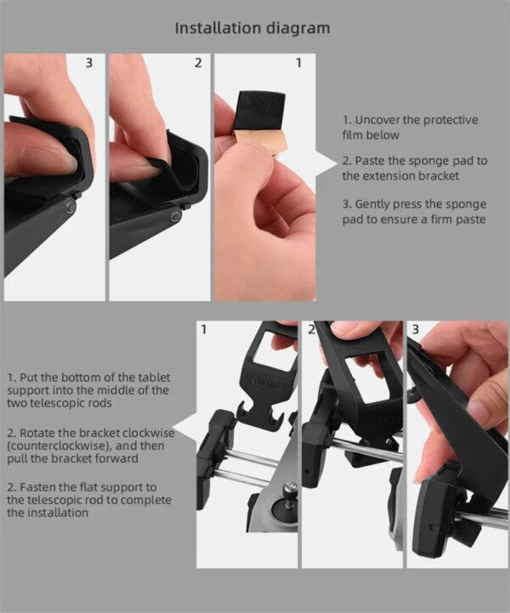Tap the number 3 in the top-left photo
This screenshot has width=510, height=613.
(x=90, y=63)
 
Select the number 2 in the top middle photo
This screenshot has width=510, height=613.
(x=197, y=63)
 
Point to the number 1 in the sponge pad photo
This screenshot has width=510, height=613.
(x=298, y=63)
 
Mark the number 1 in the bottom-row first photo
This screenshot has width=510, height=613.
(x=203, y=329)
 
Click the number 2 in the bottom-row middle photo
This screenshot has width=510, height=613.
(x=312, y=328)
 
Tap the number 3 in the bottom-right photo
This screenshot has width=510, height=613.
(x=415, y=328)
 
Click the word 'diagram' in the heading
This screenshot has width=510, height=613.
(x=297, y=28)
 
